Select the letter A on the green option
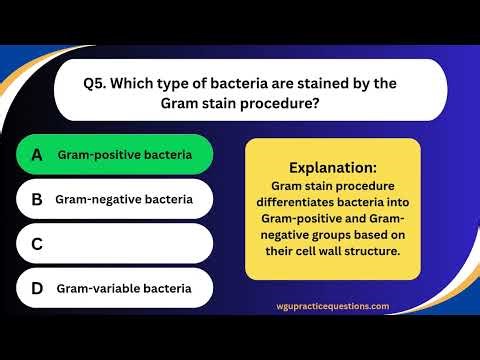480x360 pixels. pos(37,155)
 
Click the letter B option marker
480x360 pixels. pos(37,199)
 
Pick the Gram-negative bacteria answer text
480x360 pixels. pos(124,199)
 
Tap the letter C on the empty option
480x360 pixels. pos(37,243)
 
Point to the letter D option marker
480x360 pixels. pos(37,288)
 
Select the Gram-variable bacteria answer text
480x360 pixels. pos(123,288)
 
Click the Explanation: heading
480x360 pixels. pos(332,167)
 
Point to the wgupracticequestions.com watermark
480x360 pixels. pos(333,307)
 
